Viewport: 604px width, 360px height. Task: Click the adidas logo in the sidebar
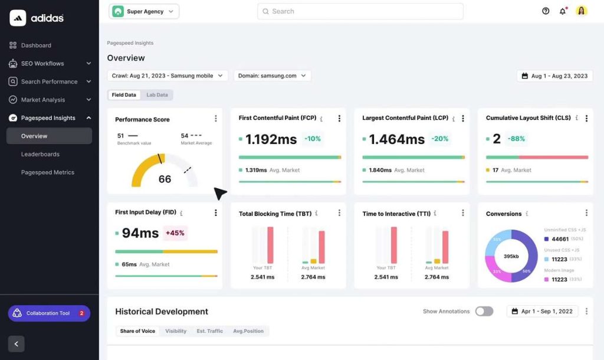(x=37, y=18)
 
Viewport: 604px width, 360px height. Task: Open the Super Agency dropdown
(x=144, y=11)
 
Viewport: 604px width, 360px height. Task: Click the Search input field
(x=360, y=11)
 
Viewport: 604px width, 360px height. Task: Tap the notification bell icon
(x=563, y=11)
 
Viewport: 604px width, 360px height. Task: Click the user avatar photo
(x=582, y=11)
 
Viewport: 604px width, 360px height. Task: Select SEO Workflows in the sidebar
(x=42, y=64)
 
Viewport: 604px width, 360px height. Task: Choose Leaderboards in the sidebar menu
(x=40, y=154)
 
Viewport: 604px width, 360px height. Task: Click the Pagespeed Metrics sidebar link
(x=48, y=172)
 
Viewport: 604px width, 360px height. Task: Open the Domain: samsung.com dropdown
(x=273, y=76)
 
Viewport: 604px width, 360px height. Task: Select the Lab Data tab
(x=157, y=95)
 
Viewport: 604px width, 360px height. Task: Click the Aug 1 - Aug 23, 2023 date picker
(x=554, y=76)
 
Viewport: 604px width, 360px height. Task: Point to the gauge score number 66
(x=165, y=179)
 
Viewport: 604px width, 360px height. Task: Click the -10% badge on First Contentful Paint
(x=313, y=139)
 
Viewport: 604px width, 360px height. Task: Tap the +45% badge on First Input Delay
(x=175, y=233)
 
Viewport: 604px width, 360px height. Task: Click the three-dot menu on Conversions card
(x=586, y=213)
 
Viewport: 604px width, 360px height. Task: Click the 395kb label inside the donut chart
(x=511, y=257)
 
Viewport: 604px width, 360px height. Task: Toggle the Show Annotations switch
(x=484, y=311)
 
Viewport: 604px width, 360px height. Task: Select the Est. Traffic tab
(x=210, y=331)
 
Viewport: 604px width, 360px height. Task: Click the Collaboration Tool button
(x=49, y=313)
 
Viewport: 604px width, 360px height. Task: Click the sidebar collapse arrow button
(x=17, y=344)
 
